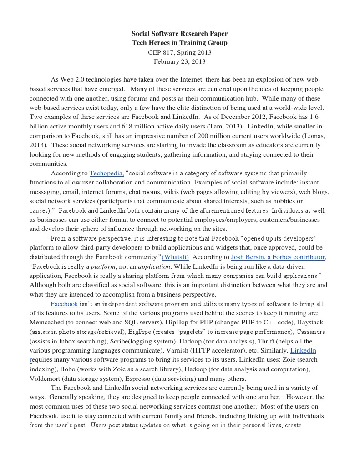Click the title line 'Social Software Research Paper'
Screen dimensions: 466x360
pyautogui.click(x=179, y=34)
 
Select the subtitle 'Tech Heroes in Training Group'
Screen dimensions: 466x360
pyautogui.click(x=179, y=43)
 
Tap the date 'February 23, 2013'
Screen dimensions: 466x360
pyautogui.click(x=179, y=61)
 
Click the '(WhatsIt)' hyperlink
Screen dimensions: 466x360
pyautogui.click(x=175, y=257)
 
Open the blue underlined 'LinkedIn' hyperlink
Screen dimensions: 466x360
pyautogui.click(x=303, y=350)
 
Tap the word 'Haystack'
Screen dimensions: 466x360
pyautogui.click(x=309, y=323)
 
